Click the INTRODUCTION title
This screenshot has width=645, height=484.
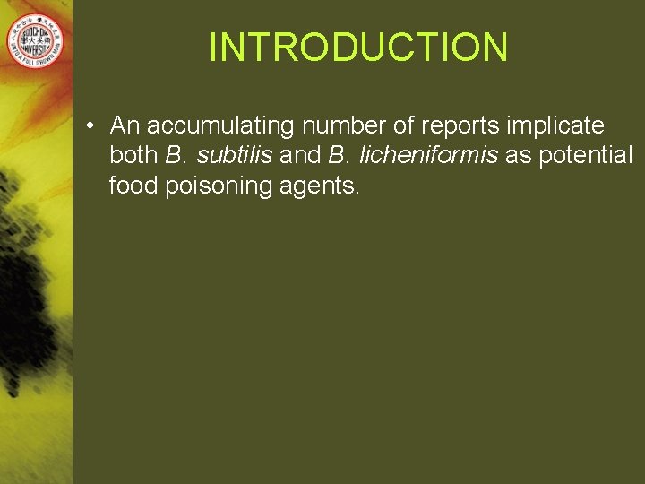click(358, 47)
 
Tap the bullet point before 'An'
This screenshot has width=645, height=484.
click(94, 125)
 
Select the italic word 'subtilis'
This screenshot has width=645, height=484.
click(235, 156)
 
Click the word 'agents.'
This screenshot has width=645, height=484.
click(314, 186)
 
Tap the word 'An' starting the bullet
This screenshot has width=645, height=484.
click(124, 125)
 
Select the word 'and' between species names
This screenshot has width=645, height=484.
click(300, 156)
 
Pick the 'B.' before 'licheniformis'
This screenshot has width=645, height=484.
click(340, 156)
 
